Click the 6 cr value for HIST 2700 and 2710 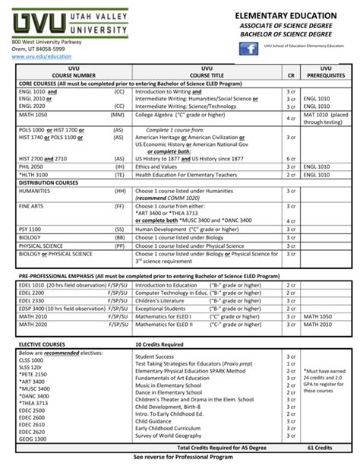tap(291, 157)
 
